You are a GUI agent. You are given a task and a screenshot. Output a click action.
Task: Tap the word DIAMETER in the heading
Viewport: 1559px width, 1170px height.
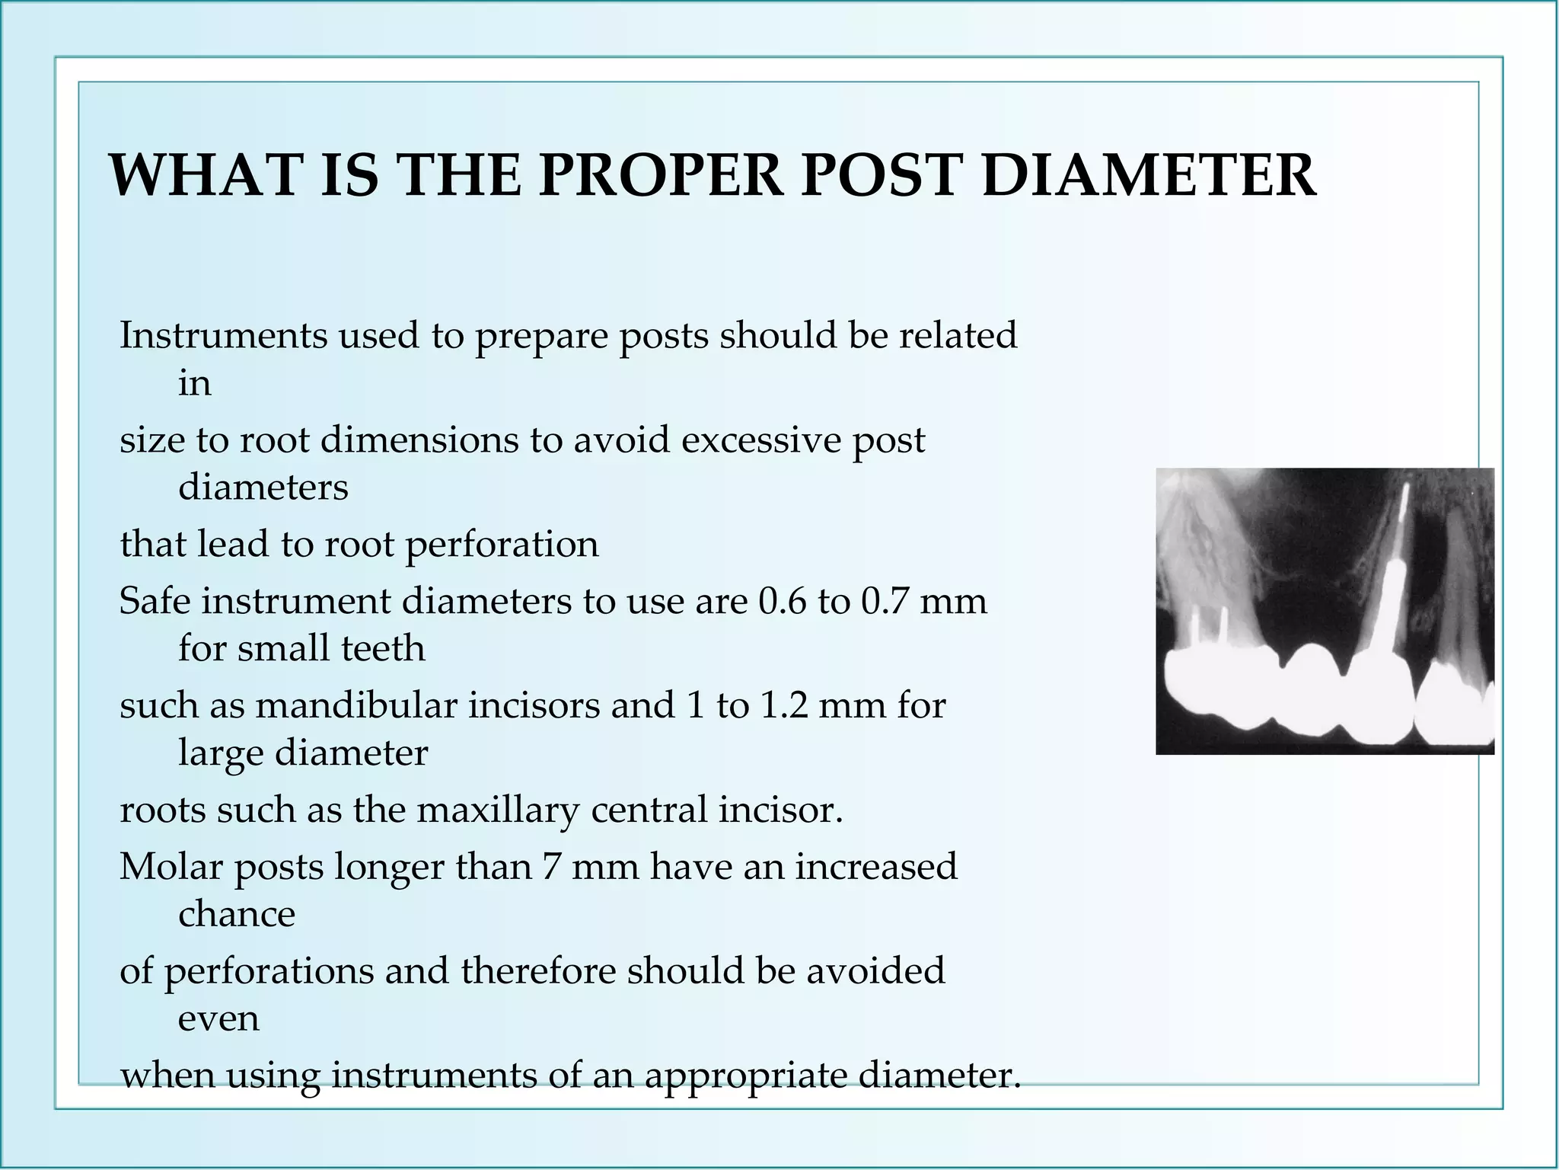tap(1149, 177)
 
